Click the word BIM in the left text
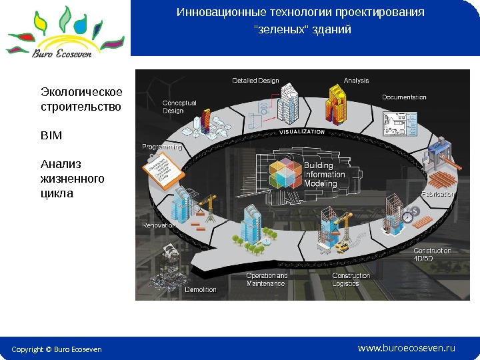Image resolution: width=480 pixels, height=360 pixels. tap(51, 135)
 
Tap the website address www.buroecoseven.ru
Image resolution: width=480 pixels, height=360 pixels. tap(406, 348)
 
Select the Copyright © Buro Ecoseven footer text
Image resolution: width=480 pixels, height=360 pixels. tap(57, 349)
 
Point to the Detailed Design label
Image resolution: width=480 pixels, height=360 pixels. tap(255, 81)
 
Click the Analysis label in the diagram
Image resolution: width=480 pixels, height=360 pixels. tap(356, 81)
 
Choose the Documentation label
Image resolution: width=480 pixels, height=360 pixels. tap(404, 97)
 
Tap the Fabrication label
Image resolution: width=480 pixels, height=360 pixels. tap(437, 194)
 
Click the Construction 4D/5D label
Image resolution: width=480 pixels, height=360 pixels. tap(432, 255)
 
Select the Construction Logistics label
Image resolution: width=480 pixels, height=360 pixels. tap(351, 279)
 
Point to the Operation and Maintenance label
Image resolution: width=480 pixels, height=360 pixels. tap(267, 279)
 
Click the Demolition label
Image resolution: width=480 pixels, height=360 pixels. tap(200, 289)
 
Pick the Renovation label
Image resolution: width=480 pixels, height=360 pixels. tap(159, 225)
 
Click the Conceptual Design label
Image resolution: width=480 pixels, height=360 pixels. tap(179, 107)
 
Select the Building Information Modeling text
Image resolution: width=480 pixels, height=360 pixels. tap(325, 175)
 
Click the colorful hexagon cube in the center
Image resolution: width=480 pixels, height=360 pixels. tap(285, 174)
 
